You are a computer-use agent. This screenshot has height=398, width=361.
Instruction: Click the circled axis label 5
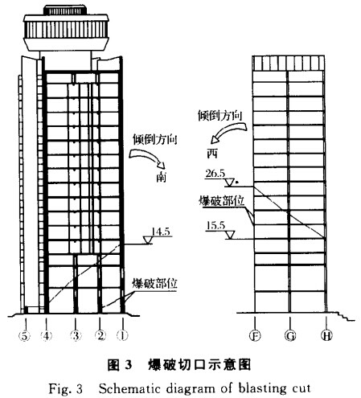[24, 336]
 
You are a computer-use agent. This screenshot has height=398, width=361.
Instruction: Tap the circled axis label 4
[47, 336]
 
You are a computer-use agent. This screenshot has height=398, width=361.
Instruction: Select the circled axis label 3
[76, 336]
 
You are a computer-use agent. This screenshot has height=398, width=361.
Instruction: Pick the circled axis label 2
[101, 336]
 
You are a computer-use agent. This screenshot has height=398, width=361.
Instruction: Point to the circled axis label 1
[122, 336]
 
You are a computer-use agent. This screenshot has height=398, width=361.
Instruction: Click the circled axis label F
[255, 335]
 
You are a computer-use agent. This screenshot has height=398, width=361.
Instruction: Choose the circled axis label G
[290, 335]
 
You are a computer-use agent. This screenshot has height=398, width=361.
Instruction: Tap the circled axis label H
[326, 335]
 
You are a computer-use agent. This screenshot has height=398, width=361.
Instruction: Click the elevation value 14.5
[161, 232]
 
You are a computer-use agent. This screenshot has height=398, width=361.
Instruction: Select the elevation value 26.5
[215, 174]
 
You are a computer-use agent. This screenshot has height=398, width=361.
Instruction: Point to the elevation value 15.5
[215, 226]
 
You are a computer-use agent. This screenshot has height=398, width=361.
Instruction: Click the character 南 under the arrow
[161, 178]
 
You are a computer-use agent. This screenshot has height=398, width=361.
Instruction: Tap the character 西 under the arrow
[212, 154]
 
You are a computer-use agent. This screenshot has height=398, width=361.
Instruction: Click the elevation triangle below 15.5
[230, 235]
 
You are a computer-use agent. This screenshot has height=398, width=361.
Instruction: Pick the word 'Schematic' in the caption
[129, 388]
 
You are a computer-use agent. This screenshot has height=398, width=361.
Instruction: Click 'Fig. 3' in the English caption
[65, 388]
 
